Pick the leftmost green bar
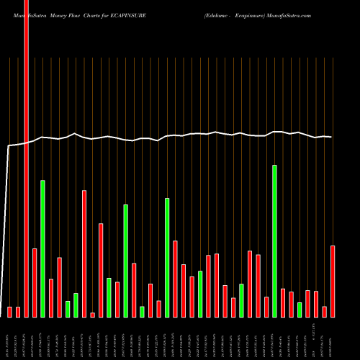(x=43, y=248)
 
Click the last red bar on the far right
(x=333, y=281)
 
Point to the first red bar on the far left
(x=10, y=312)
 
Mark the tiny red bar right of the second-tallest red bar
(x=93, y=315)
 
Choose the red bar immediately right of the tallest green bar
(x=283, y=302)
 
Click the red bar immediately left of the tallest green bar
(x=266, y=307)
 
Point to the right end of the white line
(x=331, y=137)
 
